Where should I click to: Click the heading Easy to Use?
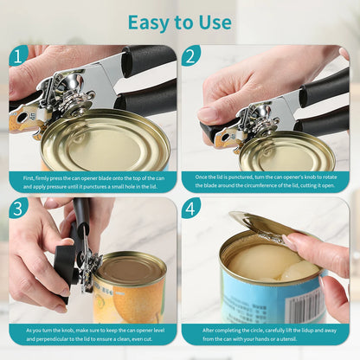coord(180,22)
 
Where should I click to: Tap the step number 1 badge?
coord(19,55)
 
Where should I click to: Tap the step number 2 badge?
coord(191,55)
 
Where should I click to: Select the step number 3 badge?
coord(19,208)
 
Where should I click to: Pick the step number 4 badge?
coord(191,208)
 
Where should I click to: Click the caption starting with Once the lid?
coord(266,181)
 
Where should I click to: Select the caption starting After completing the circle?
coord(266,334)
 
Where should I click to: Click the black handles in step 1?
coord(147,78)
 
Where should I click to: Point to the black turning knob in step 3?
coord(65,264)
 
